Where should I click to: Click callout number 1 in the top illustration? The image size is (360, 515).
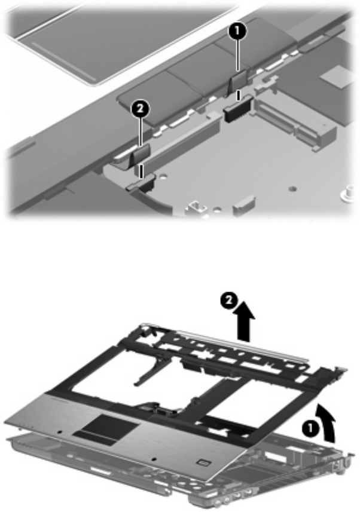click(x=238, y=32)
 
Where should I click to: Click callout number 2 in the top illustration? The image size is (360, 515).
click(x=141, y=109)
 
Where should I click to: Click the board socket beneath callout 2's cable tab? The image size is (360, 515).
click(x=141, y=183)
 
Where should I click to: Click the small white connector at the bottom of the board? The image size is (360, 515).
click(x=243, y=204)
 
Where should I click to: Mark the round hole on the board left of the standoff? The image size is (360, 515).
click(x=292, y=189)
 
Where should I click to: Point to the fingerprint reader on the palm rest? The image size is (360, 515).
click(x=203, y=462)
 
